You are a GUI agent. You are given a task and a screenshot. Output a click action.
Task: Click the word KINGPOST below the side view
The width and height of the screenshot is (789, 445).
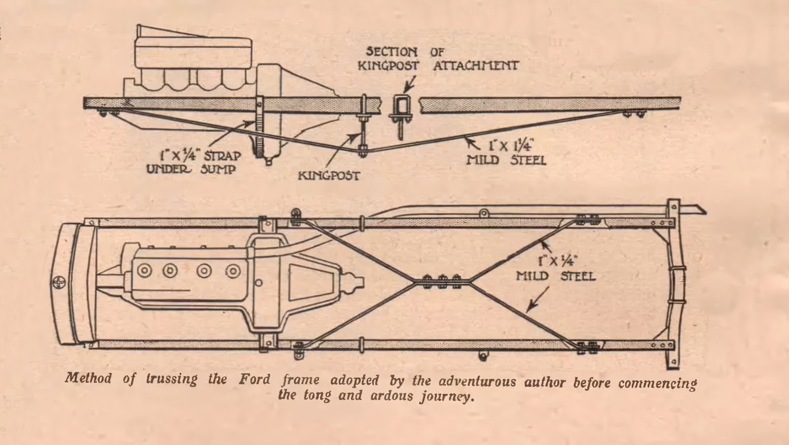tap(328, 175)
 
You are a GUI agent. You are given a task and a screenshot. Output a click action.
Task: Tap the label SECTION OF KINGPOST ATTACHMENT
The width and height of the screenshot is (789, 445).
tap(437, 59)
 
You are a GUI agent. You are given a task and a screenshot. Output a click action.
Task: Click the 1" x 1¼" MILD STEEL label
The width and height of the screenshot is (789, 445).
tap(506, 153)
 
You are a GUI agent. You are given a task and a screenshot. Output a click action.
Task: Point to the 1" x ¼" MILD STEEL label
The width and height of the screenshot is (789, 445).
tap(556, 268)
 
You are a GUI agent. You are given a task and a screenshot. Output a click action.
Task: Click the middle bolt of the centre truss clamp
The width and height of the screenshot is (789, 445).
tap(442, 281)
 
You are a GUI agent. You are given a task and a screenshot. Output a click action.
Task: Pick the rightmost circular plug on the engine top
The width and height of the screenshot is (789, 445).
tap(233, 271)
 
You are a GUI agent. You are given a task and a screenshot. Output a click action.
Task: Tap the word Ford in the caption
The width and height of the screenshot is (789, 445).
tap(254, 379)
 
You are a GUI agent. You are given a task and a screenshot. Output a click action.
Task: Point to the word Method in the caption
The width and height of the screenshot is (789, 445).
tap(88, 378)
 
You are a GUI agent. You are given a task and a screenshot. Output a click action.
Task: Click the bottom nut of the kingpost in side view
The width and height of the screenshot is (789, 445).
tap(362, 151)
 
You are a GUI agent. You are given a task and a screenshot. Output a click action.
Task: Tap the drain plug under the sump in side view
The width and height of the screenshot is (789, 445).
tap(268, 161)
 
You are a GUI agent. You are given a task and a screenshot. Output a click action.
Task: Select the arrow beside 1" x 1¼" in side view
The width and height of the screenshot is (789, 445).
tap(473, 144)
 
